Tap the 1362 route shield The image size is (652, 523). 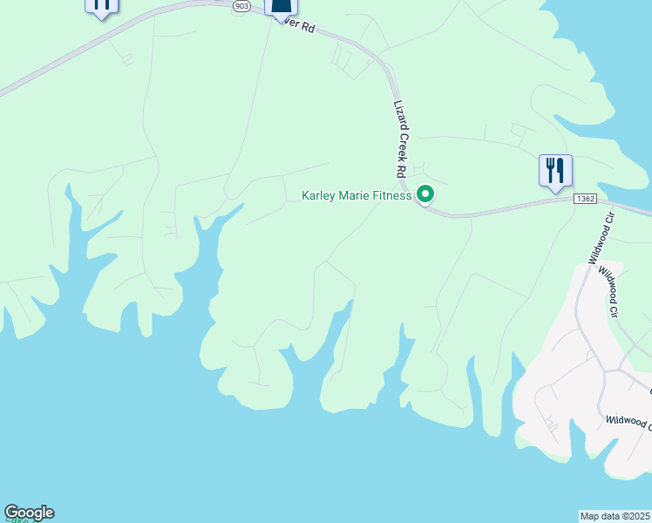coord(586,200)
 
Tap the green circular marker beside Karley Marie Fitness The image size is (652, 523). coord(425,194)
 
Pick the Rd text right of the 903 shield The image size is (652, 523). coord(307,28)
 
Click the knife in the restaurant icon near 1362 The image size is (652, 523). coord(560,166)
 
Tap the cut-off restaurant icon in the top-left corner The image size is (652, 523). coord(101,6)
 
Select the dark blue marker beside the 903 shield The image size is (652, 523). coord(281,9)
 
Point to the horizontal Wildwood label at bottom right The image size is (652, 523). coord(628,422)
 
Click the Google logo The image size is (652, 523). coord(29,513)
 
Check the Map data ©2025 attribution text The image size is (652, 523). coord(615,515)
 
